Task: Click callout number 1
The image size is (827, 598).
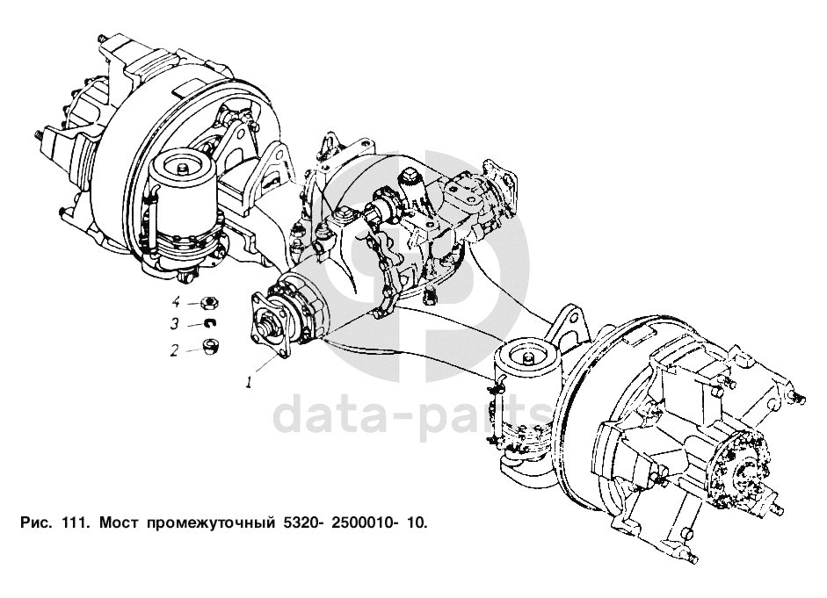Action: (250, 383)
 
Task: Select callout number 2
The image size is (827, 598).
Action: (175, 350)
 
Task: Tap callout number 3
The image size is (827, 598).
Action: (175, 324)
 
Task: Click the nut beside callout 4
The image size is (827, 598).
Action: (209, 303)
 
